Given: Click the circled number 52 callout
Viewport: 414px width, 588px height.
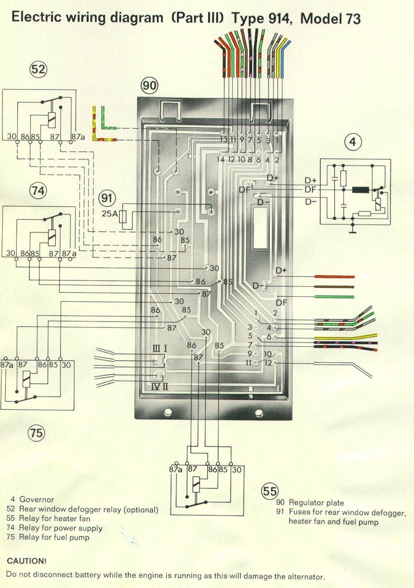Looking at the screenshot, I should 38,69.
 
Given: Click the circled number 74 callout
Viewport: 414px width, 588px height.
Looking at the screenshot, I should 38,191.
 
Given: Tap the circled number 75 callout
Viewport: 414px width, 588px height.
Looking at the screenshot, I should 37,432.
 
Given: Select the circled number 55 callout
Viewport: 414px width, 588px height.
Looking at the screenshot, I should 270,491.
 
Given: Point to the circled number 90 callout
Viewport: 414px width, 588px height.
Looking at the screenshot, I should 149,86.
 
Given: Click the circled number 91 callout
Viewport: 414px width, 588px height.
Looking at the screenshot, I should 108,198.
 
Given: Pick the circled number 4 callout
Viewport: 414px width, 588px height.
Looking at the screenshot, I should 353,142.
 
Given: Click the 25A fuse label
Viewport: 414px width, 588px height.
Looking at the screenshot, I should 110,214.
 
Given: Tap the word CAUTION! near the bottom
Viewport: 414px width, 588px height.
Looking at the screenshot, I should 26,561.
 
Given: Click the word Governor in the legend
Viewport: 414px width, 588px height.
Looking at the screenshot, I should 37,500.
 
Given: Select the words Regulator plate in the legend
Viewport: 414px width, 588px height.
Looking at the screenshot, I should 316,503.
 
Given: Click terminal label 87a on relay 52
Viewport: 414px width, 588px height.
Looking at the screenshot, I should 78,137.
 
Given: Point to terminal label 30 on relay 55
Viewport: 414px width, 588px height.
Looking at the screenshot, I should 237,469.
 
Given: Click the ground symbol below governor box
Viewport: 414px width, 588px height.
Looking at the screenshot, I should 352,231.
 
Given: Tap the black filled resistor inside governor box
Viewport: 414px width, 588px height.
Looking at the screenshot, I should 360,190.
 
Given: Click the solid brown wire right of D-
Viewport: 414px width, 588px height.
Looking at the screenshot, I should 334,287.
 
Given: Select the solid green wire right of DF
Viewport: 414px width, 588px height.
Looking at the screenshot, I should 334,297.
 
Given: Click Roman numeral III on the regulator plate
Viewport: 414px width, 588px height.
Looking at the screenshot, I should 156,348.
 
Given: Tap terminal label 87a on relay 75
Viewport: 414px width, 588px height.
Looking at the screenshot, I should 6,365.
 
